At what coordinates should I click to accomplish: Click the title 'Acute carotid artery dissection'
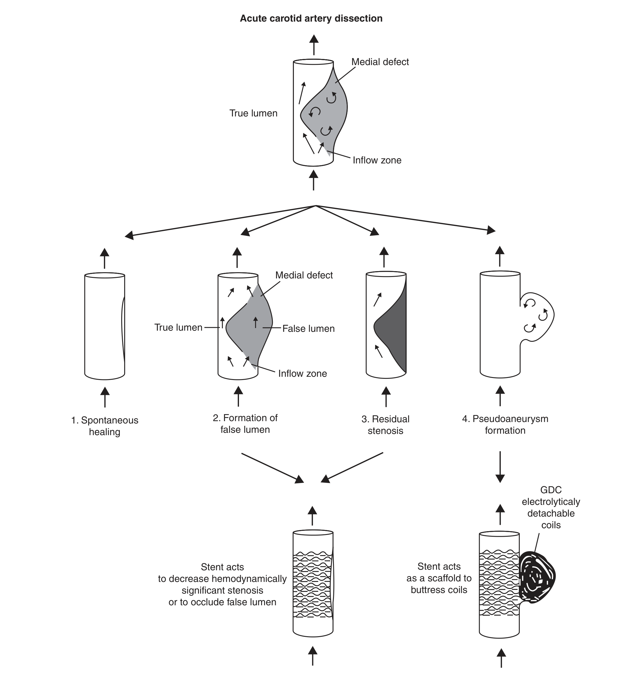click(311, 18)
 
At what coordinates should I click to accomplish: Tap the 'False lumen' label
click(308, 329)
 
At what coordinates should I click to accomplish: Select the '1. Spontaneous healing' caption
click(105, 426)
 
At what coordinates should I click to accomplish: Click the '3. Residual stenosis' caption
click(386, 425)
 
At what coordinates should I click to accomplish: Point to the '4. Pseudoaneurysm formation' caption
click(505, 424)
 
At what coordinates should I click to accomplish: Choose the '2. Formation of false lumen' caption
click(245, 424)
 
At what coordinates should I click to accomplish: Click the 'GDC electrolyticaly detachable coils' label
click(551, 507)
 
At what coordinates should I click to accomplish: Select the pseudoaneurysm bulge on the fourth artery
click(537, 316)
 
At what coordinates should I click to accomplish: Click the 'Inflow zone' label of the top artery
click(377, 161)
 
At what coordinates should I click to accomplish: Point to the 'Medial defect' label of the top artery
click(380, 62)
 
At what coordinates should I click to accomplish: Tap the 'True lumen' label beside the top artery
click(254, 113)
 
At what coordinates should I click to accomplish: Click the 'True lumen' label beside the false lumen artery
click(178, 327)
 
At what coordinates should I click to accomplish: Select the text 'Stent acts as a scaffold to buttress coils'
click(439, 578)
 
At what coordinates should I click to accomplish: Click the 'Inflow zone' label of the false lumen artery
click(302, 374)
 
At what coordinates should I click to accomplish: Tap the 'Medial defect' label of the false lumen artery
click(304, 275)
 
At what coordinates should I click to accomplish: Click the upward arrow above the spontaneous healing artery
click(105, 258)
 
